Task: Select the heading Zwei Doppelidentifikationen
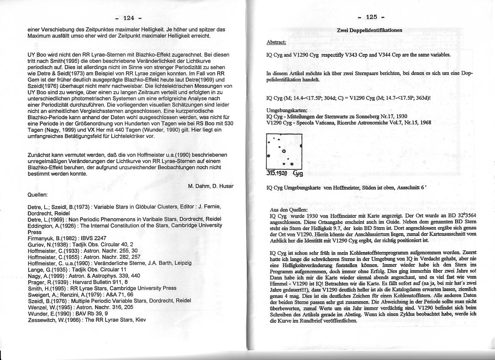point(369,30)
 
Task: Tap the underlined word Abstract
point(276,42)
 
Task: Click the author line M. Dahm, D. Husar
point(211,186)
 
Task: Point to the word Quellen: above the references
point(37,195)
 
